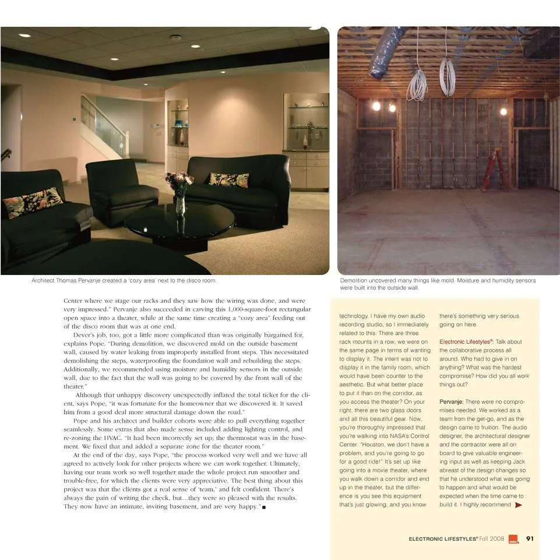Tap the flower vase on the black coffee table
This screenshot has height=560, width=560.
pyautogui.click(x=180, y=203)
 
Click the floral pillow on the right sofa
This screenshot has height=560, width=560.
pyautogui.click(x=229, y=179)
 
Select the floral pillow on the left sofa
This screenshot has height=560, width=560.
pyautogui.click(x=33, y=202)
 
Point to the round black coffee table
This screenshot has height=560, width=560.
pyautogui.click(x=179, y=224)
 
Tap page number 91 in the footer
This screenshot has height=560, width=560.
pyautogui.click(x=530, y=539)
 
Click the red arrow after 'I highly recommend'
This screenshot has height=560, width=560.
pyautogui.click(x=519, y=505)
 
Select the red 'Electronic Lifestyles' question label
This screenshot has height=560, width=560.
pyautogui.click(x=466, y=342)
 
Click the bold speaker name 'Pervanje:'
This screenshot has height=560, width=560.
pyautogui.click(x=450, y=402)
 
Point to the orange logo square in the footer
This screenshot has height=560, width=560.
pyautogui.click(x=513, y=539)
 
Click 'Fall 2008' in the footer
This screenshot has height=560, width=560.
pyautogui.click(x=492, y=539)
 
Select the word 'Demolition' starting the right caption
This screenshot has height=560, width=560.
pyautogui.click(x=354, y=281)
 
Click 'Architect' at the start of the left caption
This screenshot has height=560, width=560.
pyautogui.click(x=44, y=281)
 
